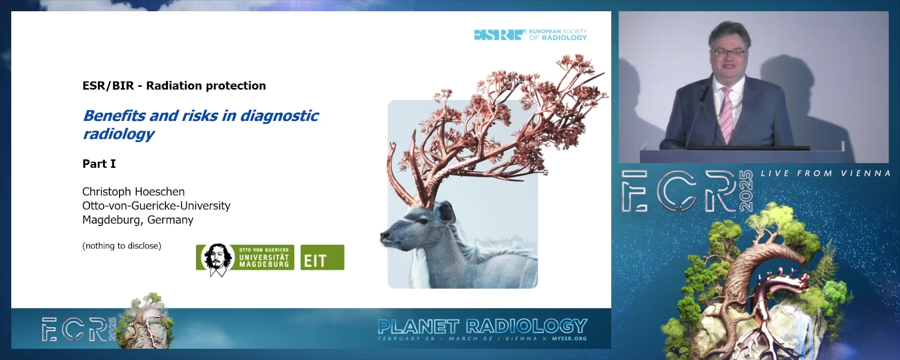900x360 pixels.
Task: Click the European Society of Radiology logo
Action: point(530,35)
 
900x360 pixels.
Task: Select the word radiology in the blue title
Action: point(119,134)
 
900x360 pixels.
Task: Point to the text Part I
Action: point(99,164)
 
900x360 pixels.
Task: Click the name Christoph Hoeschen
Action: point(134,192)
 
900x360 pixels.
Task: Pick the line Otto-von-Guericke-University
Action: point(156,206)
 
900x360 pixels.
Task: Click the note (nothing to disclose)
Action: point(122,246)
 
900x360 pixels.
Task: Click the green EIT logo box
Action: point(322,257)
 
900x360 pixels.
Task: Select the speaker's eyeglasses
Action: point(728,52)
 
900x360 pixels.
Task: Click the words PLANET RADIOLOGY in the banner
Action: point(482,326)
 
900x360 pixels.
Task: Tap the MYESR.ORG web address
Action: point(569,338)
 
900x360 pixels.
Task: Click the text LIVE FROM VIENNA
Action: point(825,173)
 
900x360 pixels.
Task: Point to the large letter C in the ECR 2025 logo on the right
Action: point(677,191)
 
